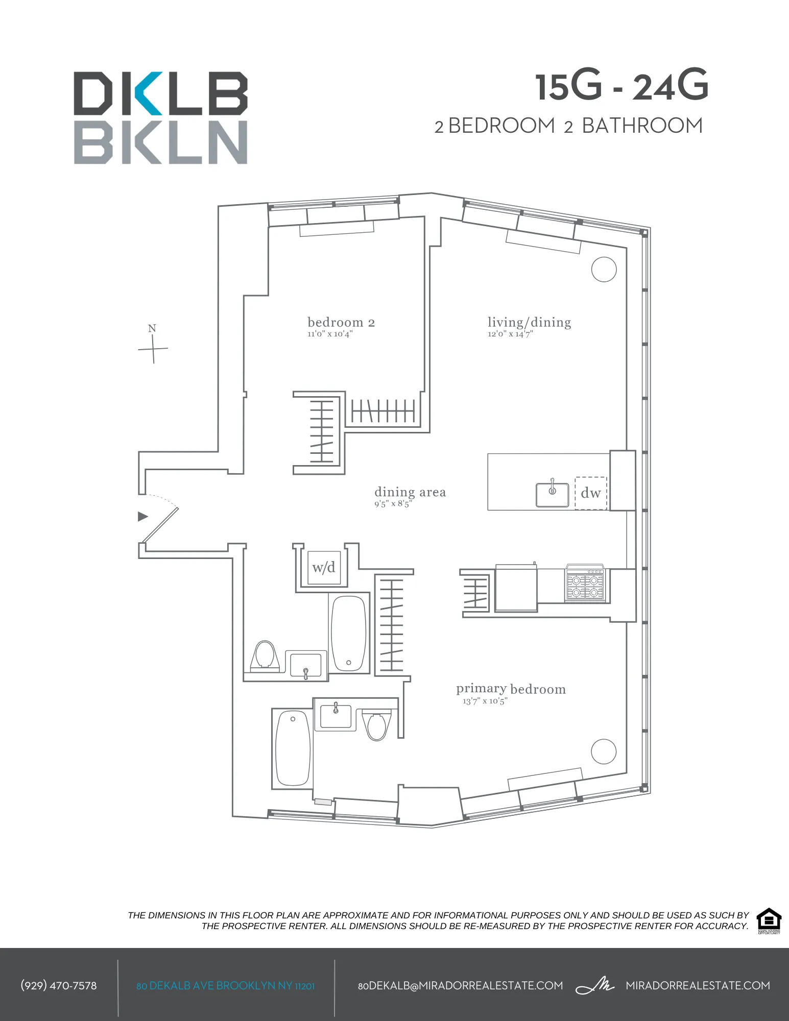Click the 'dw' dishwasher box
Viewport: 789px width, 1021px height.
click(x=591, y=493)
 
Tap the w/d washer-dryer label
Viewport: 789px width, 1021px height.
click(x=323, y=568)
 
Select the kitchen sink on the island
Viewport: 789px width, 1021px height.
click(x=552, y=495)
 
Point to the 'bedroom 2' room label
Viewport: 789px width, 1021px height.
click(x=341, y=323)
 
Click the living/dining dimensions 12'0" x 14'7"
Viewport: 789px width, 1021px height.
click(x=510, y=334)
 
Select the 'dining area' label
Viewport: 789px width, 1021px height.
click(x=410, y=492)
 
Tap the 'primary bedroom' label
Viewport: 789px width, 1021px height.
click(x=511, y=689)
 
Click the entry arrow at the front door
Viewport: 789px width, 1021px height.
click(x=143, y=517)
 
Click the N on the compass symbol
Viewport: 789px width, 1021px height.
click(x=152, y=328)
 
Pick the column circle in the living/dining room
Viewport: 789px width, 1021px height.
click(x=604, y=269)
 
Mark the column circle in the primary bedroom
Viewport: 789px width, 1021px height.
click(x=603, y=751)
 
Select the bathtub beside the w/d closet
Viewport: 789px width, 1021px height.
click(x=349, y=633)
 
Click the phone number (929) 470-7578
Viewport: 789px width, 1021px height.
click(x=58, y=986)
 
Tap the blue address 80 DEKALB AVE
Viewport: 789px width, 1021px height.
click(x=225, y=986)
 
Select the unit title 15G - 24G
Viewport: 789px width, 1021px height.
click(x=621, y=86)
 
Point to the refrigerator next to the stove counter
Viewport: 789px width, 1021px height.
click(x=515, y=588)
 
